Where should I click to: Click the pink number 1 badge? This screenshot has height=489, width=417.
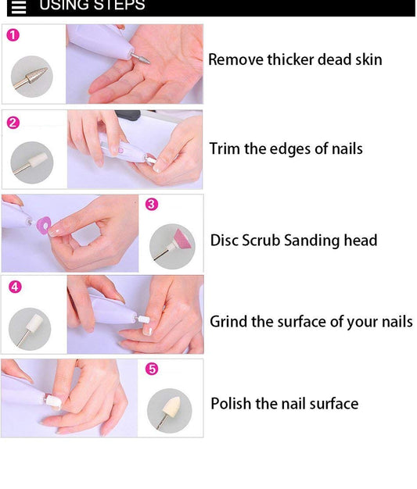13,35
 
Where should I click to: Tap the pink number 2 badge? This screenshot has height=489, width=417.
13,123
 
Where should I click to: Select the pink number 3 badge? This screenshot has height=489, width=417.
152,205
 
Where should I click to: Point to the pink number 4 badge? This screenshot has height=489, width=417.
15,287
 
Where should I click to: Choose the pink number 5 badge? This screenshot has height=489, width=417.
152,369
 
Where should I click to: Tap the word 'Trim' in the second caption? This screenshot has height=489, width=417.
225,148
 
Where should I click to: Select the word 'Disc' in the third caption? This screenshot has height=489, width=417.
224,241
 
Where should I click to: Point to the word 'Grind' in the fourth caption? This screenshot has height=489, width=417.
228,322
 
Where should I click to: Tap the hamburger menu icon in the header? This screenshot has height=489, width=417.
18,7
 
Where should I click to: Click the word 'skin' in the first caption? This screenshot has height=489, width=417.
366,60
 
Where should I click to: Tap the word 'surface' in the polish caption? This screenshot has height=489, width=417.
333,404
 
